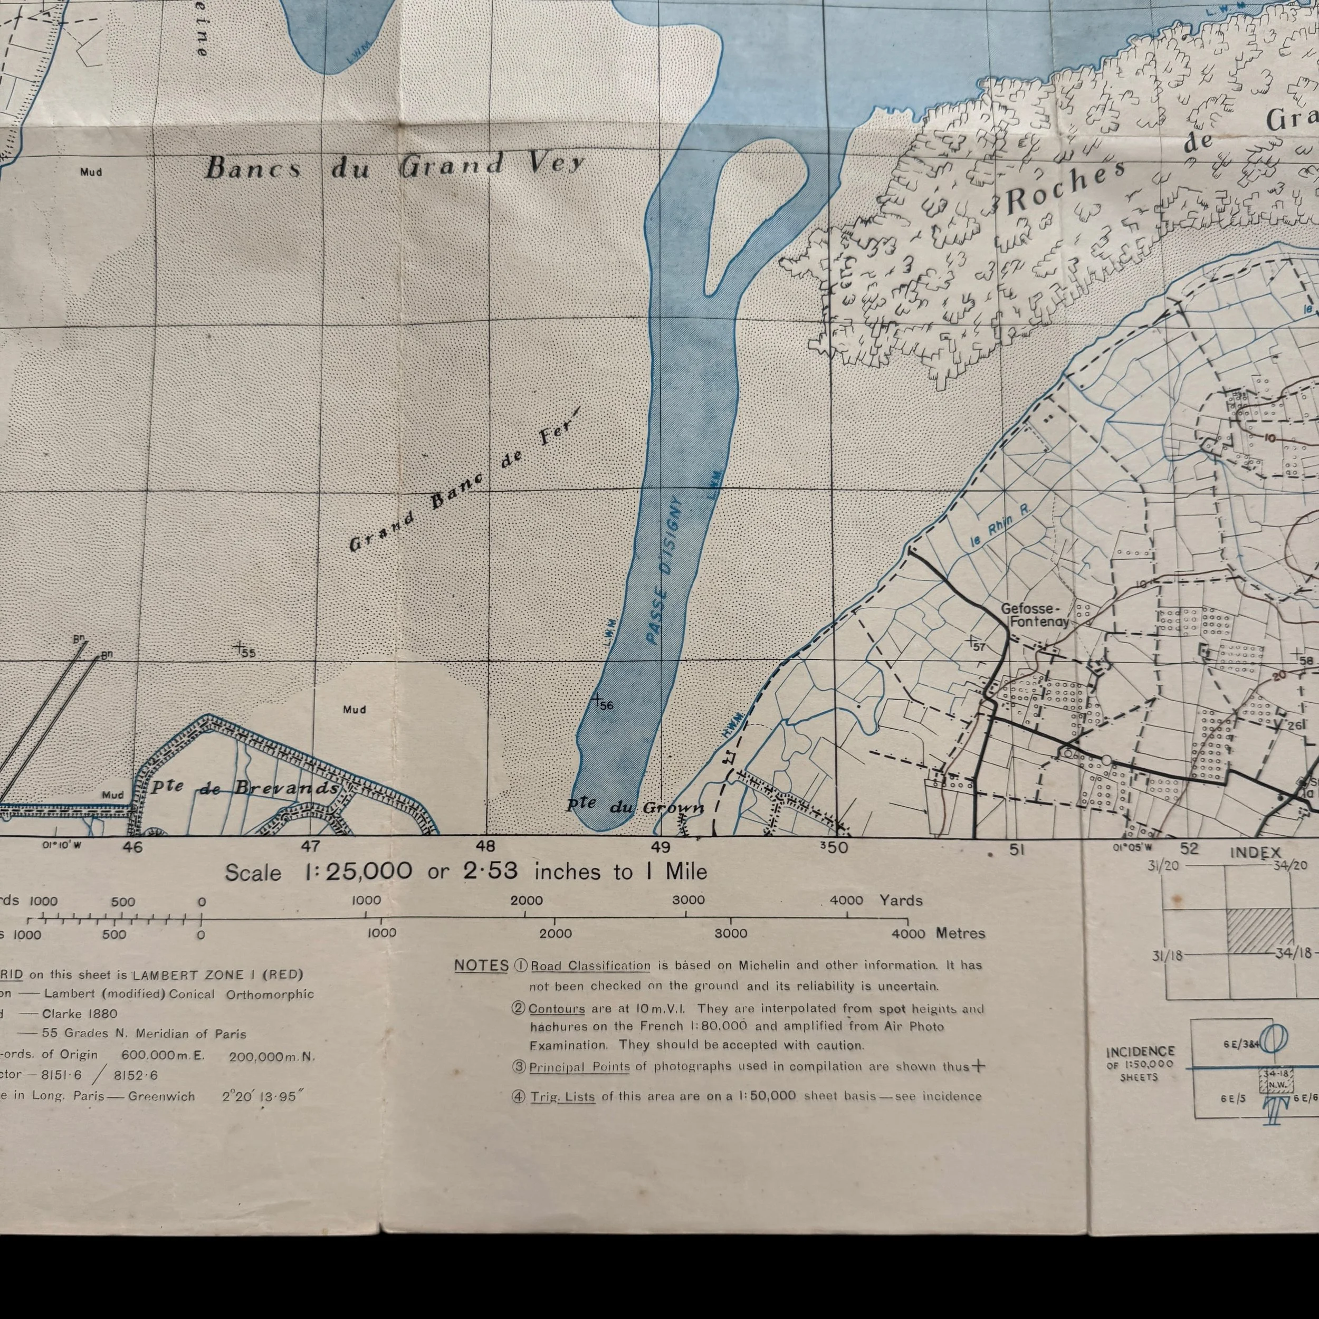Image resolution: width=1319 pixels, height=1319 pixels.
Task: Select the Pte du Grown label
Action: coord(635,806)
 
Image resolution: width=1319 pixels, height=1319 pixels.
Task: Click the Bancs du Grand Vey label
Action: coord(395,166)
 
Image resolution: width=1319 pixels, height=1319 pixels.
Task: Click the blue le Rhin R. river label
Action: coord(999,529)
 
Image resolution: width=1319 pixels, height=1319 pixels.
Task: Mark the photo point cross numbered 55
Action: coord(239,646)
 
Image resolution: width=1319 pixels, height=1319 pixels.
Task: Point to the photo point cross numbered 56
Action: coord(597,699)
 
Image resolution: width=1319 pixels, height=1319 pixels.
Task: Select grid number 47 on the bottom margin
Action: coord(311,847)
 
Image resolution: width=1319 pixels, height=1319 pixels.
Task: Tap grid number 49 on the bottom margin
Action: coord(661,847)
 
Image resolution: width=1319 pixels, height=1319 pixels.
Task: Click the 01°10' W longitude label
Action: coord(62,845)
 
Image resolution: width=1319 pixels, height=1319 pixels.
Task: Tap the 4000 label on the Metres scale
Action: coord(908,933)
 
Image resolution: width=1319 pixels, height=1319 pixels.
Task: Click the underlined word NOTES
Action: coord(481,966)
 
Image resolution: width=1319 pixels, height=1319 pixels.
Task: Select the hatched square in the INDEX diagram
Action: coord(1259,930)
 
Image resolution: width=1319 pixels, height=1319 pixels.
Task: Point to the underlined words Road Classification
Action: coord(590,966)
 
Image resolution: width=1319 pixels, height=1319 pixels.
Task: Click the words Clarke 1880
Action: coord(80,1014)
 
